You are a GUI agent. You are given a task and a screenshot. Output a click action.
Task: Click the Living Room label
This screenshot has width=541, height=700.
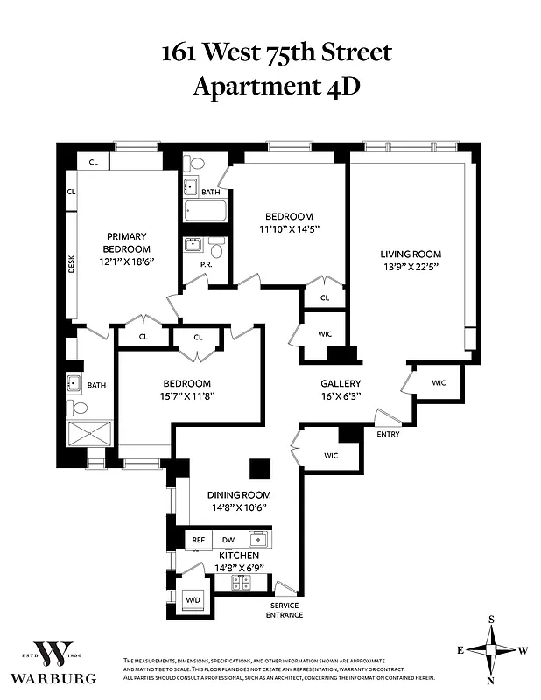click(409, 252)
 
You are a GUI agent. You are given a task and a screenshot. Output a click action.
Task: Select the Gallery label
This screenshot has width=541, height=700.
click(341, 383)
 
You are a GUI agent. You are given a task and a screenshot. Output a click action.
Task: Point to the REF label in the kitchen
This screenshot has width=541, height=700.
click(199, 540)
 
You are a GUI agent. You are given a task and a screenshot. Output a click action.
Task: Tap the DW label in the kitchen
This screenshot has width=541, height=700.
click(228, 540)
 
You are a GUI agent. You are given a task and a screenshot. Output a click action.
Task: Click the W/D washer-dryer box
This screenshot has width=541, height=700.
click(193, 599)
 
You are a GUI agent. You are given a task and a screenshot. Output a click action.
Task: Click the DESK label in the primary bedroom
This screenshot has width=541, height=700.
click(72, 264)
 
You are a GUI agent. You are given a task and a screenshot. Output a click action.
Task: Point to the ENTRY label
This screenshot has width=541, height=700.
click(389, 435)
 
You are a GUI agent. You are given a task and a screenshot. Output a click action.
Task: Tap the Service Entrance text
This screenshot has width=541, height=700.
click(285, 610)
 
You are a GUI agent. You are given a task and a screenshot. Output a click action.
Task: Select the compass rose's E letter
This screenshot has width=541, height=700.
click(460, 650)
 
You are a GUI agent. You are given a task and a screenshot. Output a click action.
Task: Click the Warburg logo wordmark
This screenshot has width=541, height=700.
click(53, 677)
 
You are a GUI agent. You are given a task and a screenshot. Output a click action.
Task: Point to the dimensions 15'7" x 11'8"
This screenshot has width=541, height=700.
click(186, 395)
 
